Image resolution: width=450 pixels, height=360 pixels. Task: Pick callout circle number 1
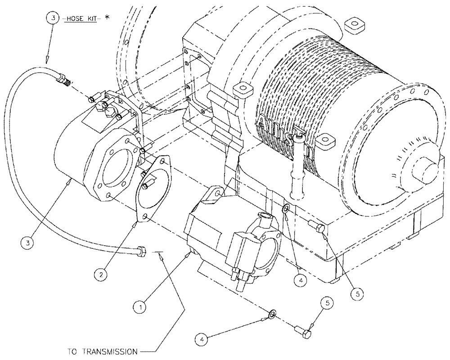(x=141, y=307)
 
